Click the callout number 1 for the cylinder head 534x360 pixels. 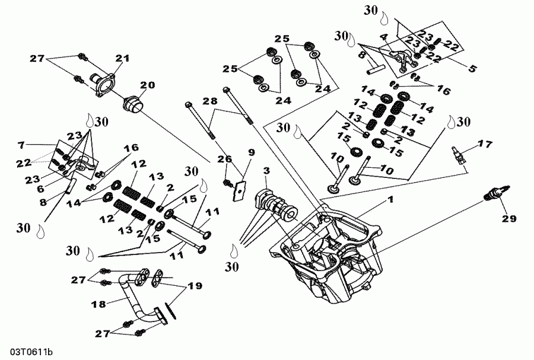[390, 201]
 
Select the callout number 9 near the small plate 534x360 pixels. [251, 152]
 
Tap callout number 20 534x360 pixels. [147, 85]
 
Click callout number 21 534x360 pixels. [122, 58]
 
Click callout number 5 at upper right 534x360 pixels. [472, 68]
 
